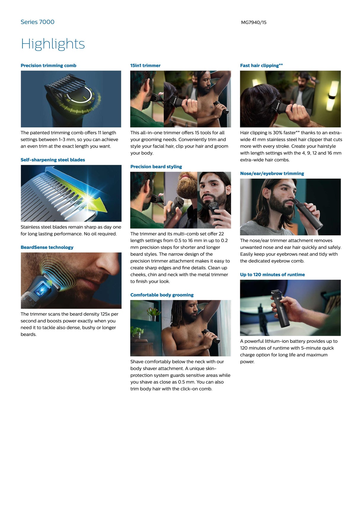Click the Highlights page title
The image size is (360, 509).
pyautogui.click(x=53, y=44)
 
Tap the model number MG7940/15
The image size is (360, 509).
pyautogui.click(x=254, y=22)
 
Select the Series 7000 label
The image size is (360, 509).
pyautogui.click(x=37, y=22)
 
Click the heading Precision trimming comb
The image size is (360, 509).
pyautogui.click(x=48, y=65)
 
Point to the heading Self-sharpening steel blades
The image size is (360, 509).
pyautogui.click(x=53, y=160)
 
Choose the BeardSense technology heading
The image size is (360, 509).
pyautogui.click(x=47, y=247)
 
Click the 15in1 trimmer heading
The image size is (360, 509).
pyautogui.click(x=145, y=65)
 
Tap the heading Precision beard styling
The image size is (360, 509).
pyautogui.click(x=156, y=167)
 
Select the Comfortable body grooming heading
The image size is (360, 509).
pyautogui.click(x=162, y=295)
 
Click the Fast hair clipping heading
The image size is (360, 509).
pyautogui.click(x=261, y=65)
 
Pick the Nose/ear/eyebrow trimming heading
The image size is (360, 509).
pyautogui.click(x=272, y=173)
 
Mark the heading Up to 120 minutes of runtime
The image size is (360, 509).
pyautogui.click(x=272, y=274)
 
